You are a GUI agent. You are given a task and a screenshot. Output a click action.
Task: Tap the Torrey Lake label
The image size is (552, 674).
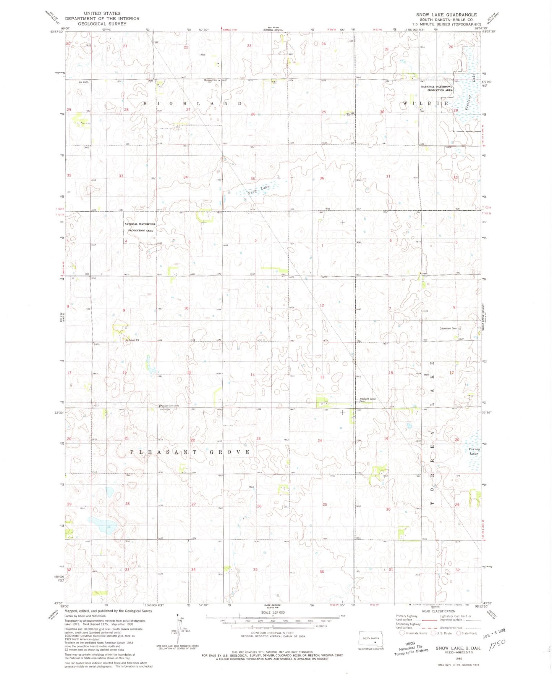click(x=473, y=451)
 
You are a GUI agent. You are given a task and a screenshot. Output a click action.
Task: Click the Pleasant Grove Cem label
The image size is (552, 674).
click(x=368, y=400)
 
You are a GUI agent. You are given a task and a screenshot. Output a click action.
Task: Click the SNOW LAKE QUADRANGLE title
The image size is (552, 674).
click(x=446, y=15)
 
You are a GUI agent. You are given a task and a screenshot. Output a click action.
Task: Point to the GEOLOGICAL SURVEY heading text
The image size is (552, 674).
click(x=102, y=24)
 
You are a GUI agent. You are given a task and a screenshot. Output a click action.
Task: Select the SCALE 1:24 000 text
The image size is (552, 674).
click(x=273, y=613)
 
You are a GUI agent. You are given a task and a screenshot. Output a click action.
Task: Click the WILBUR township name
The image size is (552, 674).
click(x=426, y=103)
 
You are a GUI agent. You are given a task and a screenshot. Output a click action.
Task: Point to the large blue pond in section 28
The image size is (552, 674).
click(x=103, y=526)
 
